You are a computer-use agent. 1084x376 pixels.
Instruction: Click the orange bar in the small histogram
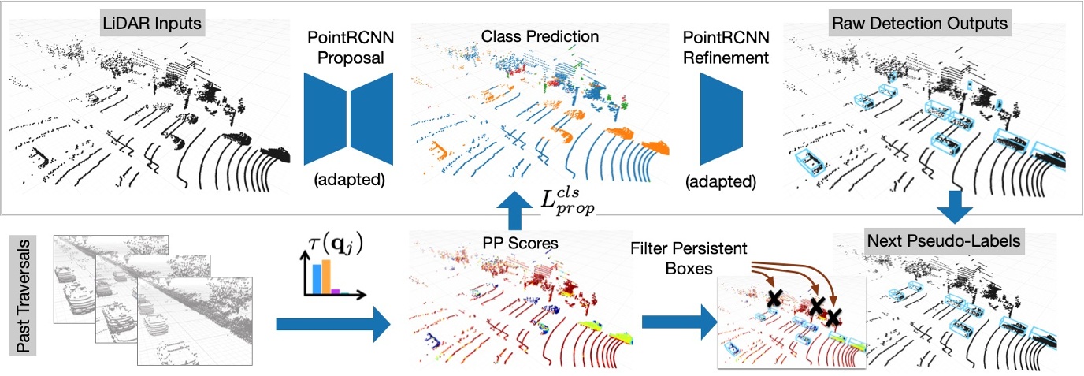point(323,277)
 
